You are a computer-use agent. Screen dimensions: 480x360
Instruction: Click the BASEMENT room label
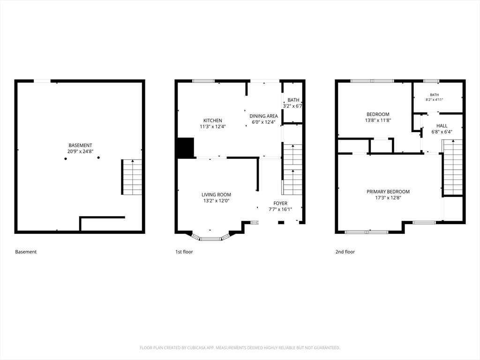[x=80, y=145]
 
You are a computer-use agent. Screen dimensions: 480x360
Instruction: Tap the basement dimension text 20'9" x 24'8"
[x=80, y=151]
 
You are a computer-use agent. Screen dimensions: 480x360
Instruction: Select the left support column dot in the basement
[x=66, y=158]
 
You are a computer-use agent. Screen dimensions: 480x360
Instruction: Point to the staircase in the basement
[x=132, y=177]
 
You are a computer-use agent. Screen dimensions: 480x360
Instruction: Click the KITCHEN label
[x=213, y=120]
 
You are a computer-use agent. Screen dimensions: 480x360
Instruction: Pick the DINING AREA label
[x=263, y=116]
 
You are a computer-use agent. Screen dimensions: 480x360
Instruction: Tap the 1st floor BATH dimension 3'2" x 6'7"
[x=292, y=106]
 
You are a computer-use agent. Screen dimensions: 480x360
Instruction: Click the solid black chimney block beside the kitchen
[x=186, y=148]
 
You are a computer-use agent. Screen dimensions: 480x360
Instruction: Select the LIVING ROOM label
[x=216, y=195]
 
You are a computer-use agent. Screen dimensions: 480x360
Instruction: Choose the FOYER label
[x=280, y=203]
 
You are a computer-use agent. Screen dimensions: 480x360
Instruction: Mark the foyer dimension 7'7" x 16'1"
[x=280, y=210]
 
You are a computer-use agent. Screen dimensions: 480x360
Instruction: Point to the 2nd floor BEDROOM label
[x=378, y=114]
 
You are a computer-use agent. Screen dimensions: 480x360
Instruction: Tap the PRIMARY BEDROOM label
[x=388, y=192]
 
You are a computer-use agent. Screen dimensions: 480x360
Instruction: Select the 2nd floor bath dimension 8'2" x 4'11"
[x=435, y=99]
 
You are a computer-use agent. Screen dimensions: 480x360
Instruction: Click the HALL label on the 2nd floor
[x=442, y=126]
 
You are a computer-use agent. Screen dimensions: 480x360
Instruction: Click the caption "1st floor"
[x=184, y=252]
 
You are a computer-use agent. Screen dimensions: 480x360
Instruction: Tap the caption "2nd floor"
[x=345, y=252]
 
